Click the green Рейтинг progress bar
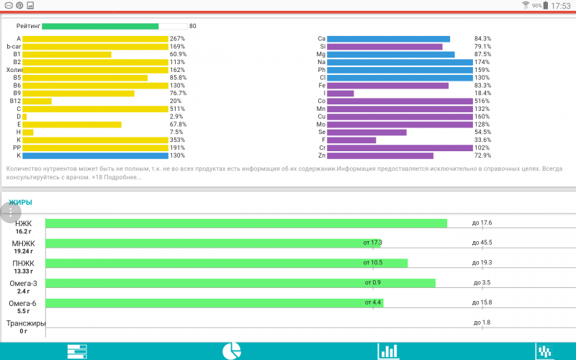click(100, 26)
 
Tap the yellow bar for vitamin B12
click(37, 101)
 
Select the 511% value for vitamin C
click(177, 109)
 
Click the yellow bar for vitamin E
click(72, 124)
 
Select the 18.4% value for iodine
click(482, 94)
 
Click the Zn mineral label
click(322, 156)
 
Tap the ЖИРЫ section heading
click(20, 202)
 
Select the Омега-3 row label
click(23, 284)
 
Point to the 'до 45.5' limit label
click(482, 243)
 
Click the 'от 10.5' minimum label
click(373, 263)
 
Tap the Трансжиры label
click(26, 324)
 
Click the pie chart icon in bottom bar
click(231, 351)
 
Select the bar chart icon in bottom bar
click(388, 351)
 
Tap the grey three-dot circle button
click(10, 212)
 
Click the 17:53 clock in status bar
click(560, 6)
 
